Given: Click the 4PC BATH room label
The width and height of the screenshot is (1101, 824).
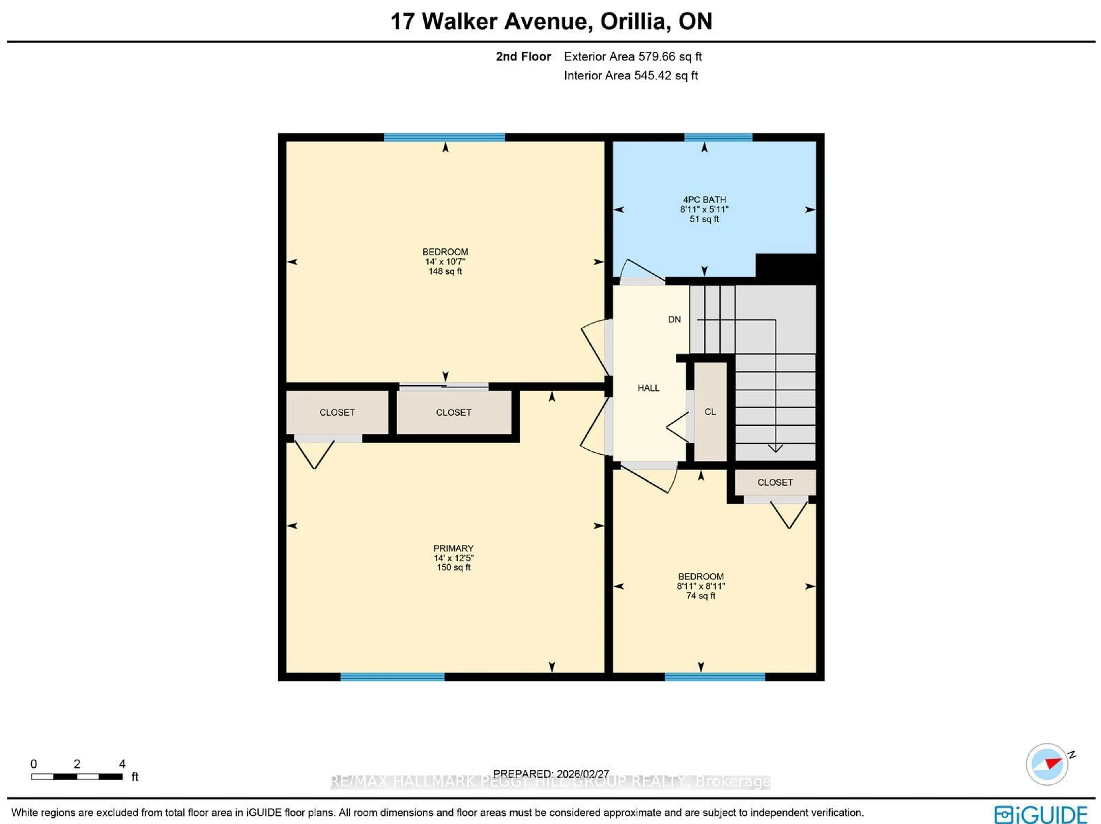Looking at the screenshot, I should [704, 199].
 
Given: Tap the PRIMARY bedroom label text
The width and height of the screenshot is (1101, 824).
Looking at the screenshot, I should [453, 548].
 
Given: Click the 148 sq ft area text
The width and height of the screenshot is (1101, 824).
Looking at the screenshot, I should [445, 271].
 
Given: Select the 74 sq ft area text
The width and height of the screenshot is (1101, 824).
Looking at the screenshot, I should [700, 596].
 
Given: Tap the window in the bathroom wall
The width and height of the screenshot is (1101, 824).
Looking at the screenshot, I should [718, 137].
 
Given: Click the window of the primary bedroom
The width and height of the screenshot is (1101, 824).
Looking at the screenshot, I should [392, 677].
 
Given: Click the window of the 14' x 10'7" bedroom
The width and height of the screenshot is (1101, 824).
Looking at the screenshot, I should [444, 137].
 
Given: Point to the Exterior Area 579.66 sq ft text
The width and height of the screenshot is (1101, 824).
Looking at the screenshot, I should [632, 57].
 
